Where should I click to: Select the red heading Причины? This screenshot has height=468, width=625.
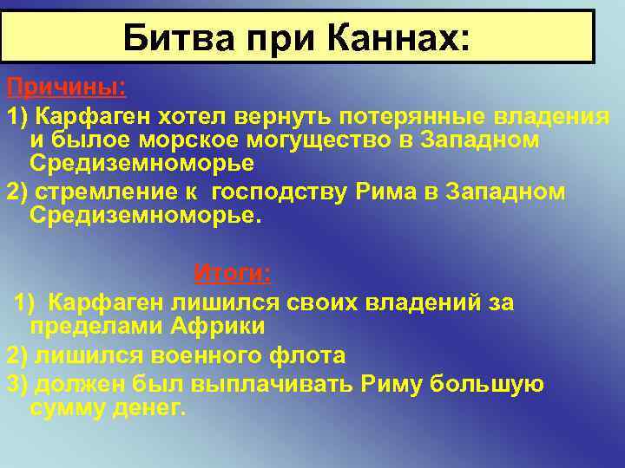(x=66, y=88)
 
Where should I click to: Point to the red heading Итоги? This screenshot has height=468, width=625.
(x=232, y=274)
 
